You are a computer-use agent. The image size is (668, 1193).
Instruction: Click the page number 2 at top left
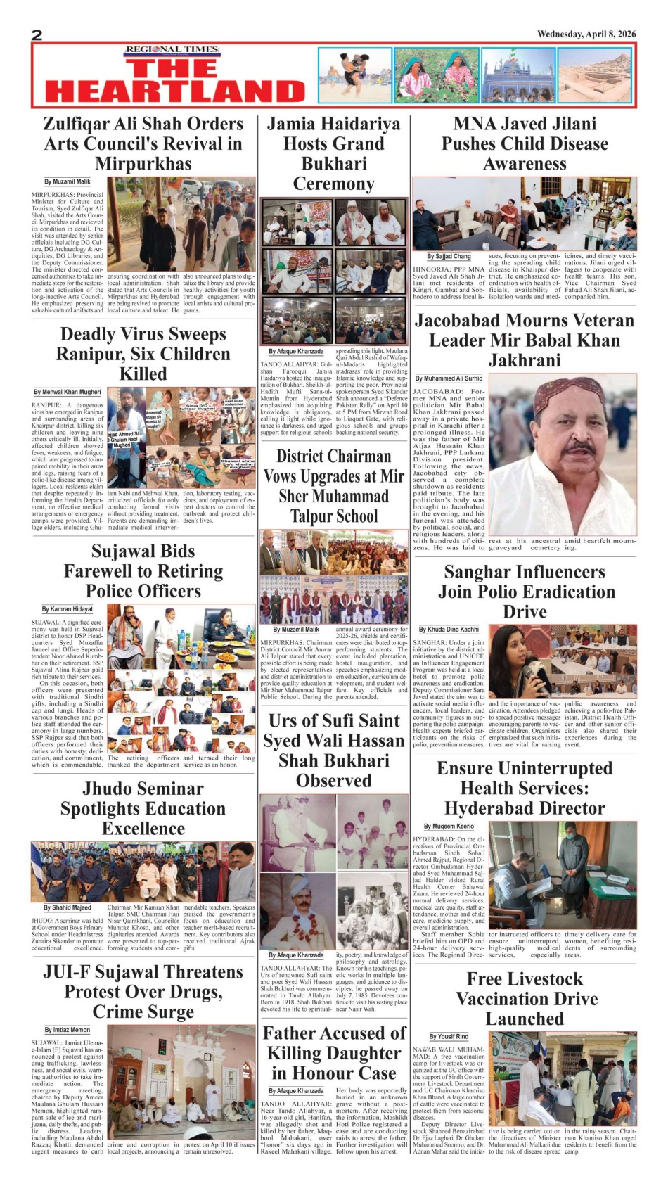(37, 35)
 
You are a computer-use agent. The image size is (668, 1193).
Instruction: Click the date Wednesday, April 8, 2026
(586, 34)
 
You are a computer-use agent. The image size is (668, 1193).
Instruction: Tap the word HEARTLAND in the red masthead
(175, 91)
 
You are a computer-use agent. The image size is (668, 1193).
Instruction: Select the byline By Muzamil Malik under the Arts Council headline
(68, 181)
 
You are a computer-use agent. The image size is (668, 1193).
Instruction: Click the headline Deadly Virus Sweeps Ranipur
(143, 354)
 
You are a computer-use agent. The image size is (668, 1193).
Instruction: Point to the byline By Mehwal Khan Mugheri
(68, 392)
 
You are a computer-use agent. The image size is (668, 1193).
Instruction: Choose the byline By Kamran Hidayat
(68, 609)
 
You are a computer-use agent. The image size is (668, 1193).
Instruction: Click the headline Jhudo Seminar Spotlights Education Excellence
(143, 808)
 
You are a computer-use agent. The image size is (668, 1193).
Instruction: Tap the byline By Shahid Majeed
(68, 908)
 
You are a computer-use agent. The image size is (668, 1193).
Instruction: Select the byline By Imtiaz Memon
(68, 1030)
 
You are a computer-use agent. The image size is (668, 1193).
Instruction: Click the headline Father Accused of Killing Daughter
(334, 1053)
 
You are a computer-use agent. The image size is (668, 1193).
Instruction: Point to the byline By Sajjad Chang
(449, 257)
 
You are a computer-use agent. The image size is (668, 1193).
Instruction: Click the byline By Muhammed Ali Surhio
(449, 378)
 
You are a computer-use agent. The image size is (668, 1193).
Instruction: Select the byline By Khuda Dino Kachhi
(449, 630)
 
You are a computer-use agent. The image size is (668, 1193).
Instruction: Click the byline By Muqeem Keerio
(449, 826)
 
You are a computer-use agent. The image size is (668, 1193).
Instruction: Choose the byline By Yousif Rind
(449, 1036)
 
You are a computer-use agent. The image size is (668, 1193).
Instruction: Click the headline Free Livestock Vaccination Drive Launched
(525, 999)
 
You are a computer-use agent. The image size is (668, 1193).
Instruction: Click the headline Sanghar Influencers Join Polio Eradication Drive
(525, 592)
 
